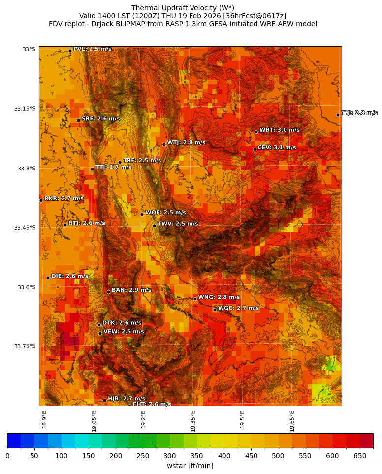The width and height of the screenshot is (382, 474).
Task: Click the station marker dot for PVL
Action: click(70, 51)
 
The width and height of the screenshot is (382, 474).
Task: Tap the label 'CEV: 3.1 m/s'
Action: click(277, 147)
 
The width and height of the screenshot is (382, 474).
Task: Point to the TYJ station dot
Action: click(338, 115)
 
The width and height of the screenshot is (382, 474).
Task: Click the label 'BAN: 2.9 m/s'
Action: click(131, 290)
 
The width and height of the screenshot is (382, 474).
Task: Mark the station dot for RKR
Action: click(41, 200)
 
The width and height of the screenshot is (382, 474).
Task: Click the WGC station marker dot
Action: click(215, 310)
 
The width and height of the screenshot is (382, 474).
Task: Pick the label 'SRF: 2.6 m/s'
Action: click(100, 119)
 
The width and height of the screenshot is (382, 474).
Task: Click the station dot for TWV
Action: click(154, 226)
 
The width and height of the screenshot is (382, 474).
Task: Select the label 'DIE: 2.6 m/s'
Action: click(69, 276)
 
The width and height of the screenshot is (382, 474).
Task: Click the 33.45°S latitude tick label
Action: click(25, 228)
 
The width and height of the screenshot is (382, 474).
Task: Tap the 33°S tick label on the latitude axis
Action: click(29, 49)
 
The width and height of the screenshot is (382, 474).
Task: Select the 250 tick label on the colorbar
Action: click(143, 456)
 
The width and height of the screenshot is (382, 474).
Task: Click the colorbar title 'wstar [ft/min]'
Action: click(190, 466)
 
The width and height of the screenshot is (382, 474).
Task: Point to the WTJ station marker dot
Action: click(164, 144)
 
